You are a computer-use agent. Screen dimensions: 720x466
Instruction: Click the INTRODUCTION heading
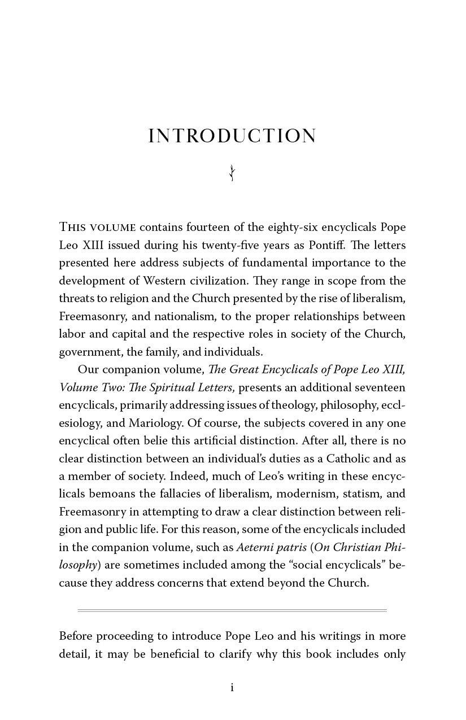pyautogui.click(x=232, y=136)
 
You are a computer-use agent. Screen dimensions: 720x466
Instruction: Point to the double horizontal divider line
pyautogui.click(x=232, y=610)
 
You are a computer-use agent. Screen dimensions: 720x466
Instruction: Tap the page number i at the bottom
pyautogui.click(x=232, y=687)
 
